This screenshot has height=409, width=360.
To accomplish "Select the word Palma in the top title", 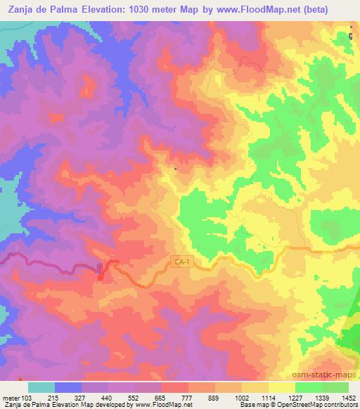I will (x=72, y=9).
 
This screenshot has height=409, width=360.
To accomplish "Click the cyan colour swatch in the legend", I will (x=41, y=387).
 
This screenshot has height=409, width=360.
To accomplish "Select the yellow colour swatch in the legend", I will (x=281, y=387).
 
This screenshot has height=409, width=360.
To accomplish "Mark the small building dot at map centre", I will (x=176, y=169).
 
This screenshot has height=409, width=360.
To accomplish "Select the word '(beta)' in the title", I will (x=339, y=9).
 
